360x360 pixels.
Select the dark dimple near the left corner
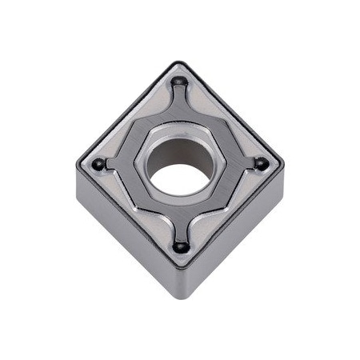[98, 164]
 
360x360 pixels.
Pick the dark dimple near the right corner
[261, 164]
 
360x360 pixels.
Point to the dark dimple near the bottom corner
[181, 246]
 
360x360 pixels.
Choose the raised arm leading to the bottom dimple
[181, 228]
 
